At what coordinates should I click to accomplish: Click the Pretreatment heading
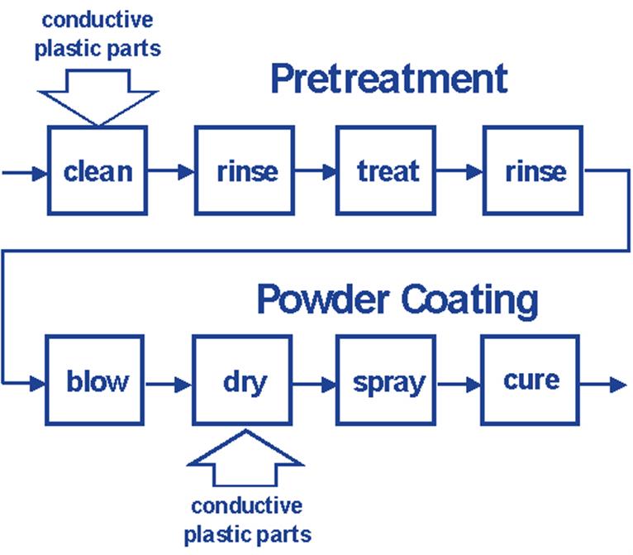pyautogui.click(x=389, y=79)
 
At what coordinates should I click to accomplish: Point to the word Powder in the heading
pyautogui.click(x=323, y=299)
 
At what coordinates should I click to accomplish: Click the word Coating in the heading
pyautogui.click(x=470, y=301)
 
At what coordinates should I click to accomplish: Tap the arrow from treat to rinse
pyautogui.click(x=459, y=171)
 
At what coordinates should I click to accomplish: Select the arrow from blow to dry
pyautogui.click(x=169, y=384)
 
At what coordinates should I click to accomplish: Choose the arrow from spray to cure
pyautogui.click(x=458, y=384)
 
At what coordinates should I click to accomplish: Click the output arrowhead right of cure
pyautogui.click(x=617, y=385)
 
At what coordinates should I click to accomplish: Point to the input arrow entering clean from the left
pyautogui.click(x=25, y=174)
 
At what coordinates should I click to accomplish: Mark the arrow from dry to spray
pyautogui.click(x=314, y=384)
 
